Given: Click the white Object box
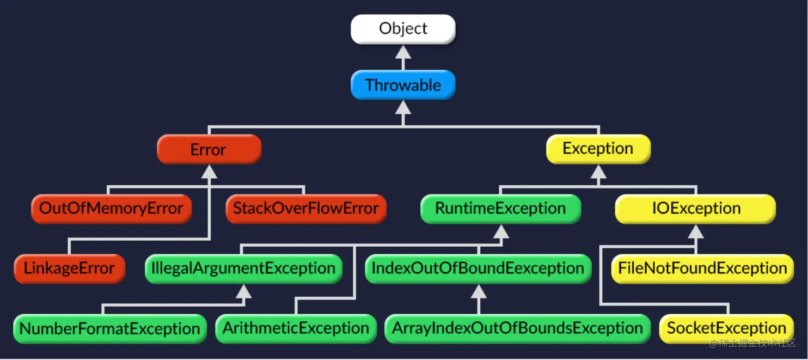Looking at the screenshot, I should [403, 29].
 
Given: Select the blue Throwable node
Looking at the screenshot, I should [403, 85].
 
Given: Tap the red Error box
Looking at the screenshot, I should [209, 149].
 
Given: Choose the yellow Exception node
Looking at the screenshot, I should [598, 149].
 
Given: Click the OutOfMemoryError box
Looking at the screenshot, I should [111, 209].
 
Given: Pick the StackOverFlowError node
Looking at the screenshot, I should [305, 209].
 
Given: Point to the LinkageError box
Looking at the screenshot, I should [69, 269].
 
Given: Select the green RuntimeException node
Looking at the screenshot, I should [500, 209].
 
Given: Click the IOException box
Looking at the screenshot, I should [696, 209].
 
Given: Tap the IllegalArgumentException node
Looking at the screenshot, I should [243, 269].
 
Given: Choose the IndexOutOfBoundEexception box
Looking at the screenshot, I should [478, 269].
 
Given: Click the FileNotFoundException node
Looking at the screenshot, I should [702, 269].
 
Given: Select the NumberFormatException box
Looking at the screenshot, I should [109, 328].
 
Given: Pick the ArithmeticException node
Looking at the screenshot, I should [296, 328].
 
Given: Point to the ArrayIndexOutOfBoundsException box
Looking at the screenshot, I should [517, 328].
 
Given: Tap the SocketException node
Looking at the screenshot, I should [726, 328].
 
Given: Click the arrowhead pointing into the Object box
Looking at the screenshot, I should [403, 52].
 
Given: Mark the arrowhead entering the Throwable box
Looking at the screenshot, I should [403, 107].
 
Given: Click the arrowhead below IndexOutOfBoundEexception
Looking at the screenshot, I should [479, 291].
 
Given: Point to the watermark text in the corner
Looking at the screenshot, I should [752, 344].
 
